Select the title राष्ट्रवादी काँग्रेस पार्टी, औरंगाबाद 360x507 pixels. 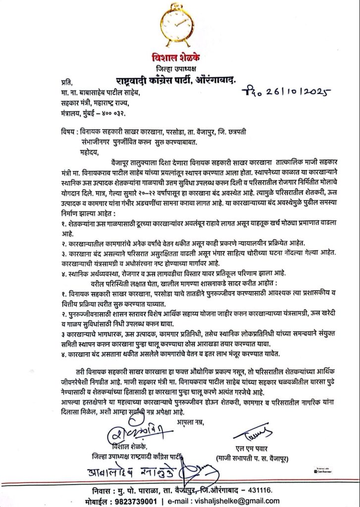pyautogui.click(x=180, y=79)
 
